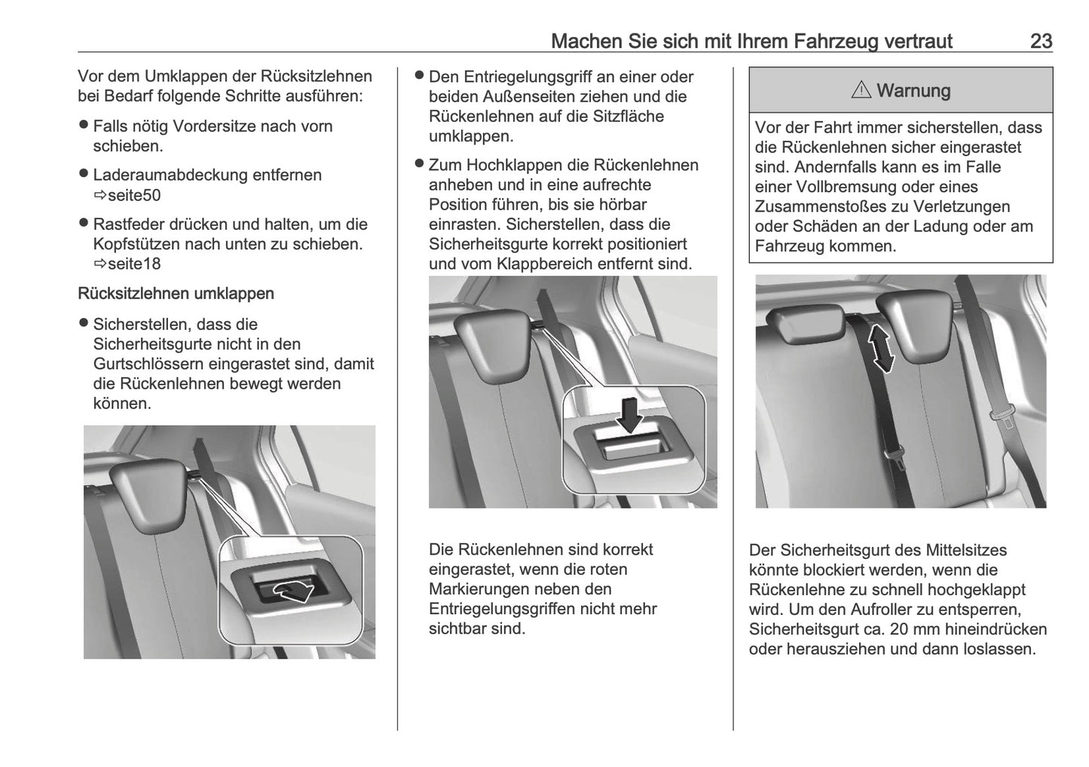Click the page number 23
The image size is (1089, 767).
(1041, 41)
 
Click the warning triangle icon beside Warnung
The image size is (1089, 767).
(861, 90)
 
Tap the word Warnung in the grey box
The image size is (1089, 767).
(913, 90)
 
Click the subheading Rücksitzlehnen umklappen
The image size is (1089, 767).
(176, 294)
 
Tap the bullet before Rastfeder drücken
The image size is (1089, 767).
(84, 224)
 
